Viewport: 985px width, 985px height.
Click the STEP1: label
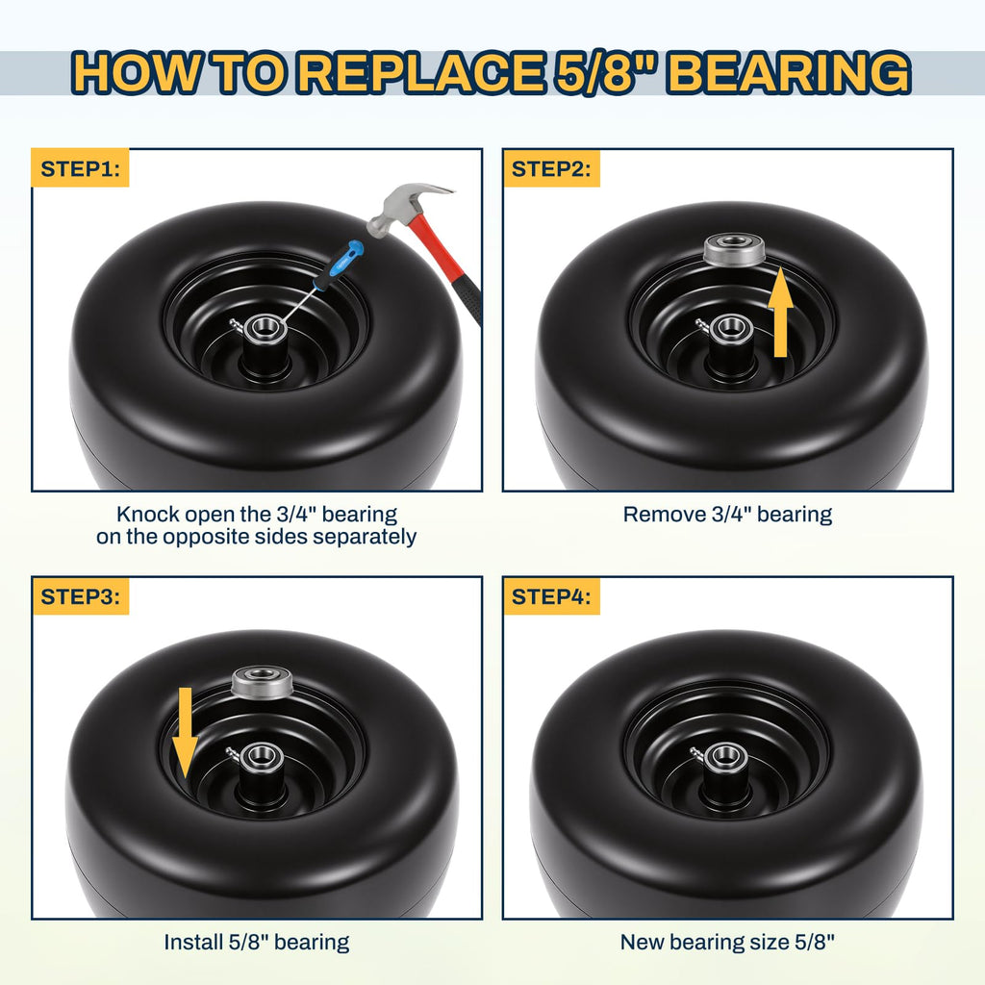pyautogui.click(x=80, y=168)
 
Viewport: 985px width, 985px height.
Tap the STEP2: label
pyautogui.click(x=551, y=168)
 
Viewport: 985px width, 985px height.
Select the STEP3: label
pyautogui.click(x=80, y=596)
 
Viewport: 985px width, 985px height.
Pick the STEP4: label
pyautogui.click(x=551, y=596)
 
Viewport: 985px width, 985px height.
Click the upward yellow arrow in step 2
pyautogui.click(x=779, y=312)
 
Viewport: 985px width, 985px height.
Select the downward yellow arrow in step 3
pyautogui.click(x=185, y=732)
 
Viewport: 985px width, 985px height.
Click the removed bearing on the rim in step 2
pyautogui.click(x=734, y=249)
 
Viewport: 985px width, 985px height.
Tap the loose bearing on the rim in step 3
pyautogui.click(x=263, y=682)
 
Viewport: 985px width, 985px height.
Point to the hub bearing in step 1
pyautogui.click(x=265, y=327)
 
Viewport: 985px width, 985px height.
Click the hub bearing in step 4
pyautogui.click(x=725, y=755)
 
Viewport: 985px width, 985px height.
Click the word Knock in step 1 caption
pyautogui.click(x=147, y=515)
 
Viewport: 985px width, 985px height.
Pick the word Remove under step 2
pyautogui.click(x=664, y=515)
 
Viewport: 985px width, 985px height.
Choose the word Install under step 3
pyautogui.click(x=192, y=943)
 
